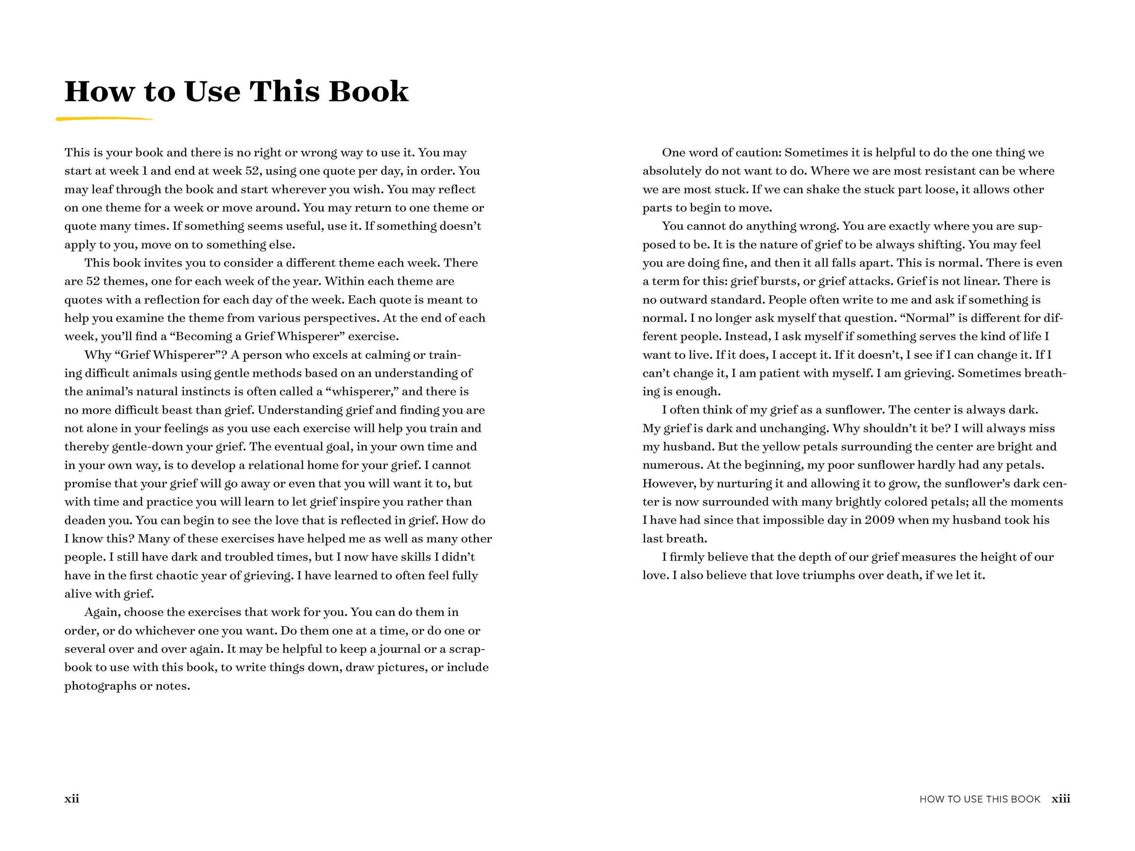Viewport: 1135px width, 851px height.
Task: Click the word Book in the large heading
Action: [x=368, y=91]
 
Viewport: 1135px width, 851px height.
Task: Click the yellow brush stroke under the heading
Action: [x=105, y=120]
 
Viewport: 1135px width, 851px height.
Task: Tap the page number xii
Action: [x=72, y=799]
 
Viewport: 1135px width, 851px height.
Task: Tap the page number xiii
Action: [x=1061, y=799]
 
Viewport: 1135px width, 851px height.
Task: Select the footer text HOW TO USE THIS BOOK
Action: [x=979, y=799]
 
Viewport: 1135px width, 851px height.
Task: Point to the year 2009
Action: [x=880, y=520]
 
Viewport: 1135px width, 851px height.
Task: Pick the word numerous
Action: [x=672, y=465]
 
